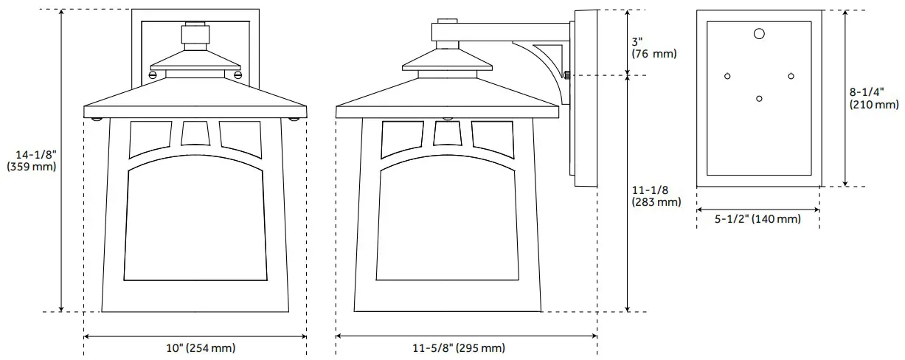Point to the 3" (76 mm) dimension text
point(653,47)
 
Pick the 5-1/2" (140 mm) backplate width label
point(757,219)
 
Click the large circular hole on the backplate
point(759,33)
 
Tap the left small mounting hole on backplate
point(727,76)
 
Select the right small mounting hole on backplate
point(791,76)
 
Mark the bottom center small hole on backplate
point(759,98)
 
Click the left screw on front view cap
point(153,74)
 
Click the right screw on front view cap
point(237,74)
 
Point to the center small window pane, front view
point(195,133)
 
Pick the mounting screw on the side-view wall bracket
point(566,75)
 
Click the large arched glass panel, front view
point(195,225)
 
